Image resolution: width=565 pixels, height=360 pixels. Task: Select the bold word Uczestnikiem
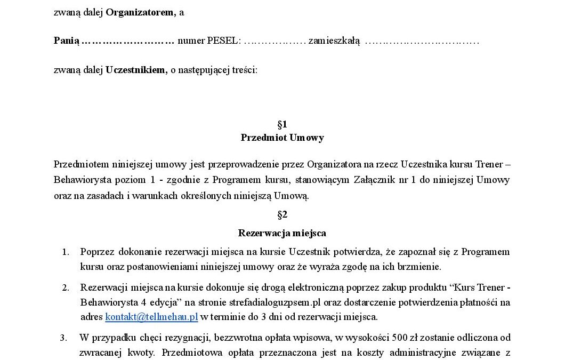tap(136, 69)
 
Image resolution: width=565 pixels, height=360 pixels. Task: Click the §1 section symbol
tap(282, 124)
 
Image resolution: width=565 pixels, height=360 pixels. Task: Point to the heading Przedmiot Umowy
tap(282, 138)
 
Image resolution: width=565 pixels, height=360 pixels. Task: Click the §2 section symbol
tap(282, 214)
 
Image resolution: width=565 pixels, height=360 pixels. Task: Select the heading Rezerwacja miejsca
tap(282, 233)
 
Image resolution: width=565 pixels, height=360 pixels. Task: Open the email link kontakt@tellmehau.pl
tap(151, 317)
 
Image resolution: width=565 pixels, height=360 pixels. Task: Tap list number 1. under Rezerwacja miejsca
tap(66, 252)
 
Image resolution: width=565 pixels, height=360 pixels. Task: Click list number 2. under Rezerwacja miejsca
tap(66, 289)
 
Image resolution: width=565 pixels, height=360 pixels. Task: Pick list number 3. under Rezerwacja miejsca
tap(63, 338)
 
